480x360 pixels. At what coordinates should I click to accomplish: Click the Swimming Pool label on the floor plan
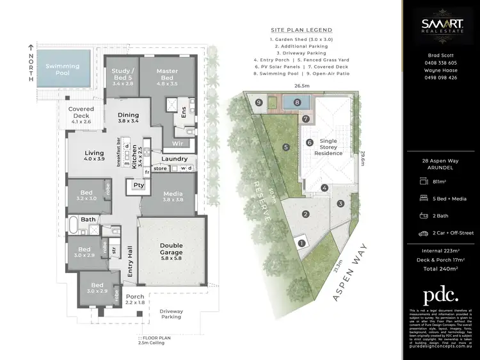tap(62, 70)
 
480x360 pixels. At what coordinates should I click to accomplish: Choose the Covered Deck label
tap(81, 113)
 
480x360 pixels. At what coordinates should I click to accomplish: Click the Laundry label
tap(174, 158)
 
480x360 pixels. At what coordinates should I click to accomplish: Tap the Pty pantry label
tap(139, 186)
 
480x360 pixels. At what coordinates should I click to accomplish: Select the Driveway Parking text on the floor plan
tap(171, 315)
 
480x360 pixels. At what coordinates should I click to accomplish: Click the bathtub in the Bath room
tap(74, 225)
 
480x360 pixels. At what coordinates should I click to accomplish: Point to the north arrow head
tap(30, 47)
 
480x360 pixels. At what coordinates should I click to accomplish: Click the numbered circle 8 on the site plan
tap(297, 102)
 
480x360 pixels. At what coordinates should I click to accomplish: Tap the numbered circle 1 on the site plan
tap(301, 243)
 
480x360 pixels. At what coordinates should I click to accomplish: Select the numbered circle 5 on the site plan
tap(286, 147)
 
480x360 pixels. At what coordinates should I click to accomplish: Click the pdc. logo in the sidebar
tap(440, 295)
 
